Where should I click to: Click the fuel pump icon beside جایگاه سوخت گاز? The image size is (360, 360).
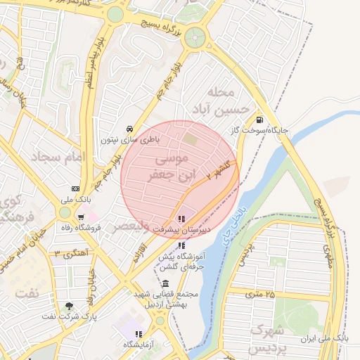[260, 120]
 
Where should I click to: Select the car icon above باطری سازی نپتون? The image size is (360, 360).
[129, 129]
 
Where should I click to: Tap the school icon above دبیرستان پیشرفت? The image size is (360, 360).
[183, 219]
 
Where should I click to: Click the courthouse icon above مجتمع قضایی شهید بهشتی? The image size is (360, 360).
[165, 283]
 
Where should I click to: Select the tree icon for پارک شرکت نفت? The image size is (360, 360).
[68, 306]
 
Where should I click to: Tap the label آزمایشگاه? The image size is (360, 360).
[139, 345]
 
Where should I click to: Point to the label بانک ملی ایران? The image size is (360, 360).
[325, 338]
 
